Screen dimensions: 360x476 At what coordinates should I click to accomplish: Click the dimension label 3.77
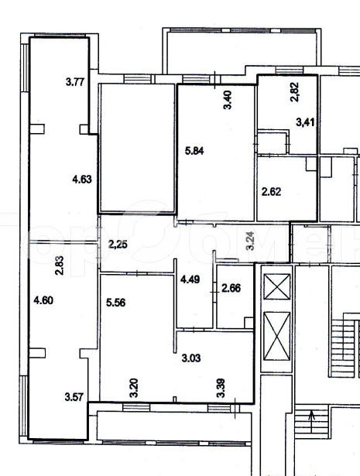click(x=74, y=82)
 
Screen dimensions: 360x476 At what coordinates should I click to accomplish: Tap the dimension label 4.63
click(x=82, y=179)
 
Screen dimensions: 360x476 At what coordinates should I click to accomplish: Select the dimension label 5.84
click(x=194, y=151)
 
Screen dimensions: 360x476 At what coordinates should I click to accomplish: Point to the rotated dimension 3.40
click(x=228, y=100)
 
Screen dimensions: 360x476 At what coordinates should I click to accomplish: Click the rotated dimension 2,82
click(x=295, y=92)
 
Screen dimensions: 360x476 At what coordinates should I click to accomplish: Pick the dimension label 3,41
click(x=305, y=122)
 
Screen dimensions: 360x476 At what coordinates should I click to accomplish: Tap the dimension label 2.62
click(x=272, y=191)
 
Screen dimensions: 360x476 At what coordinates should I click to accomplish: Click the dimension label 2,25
click(x=118, y=244)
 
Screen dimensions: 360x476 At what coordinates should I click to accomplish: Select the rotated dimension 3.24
click(x=251, y=241)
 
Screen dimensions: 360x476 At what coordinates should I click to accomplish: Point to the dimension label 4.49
click(x=190, y=279)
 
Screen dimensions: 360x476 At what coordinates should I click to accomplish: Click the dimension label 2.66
click(x=231, y=288)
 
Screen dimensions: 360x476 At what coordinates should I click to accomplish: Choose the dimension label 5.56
click(x=115, y=303)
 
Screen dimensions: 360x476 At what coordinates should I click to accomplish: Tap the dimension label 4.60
click(x=43, y=300)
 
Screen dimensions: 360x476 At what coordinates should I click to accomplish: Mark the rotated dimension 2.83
click(x=60, y=265)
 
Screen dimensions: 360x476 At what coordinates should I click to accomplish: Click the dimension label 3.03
click(x=191, y=358)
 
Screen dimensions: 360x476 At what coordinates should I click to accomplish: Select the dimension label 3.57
click(x=74, y=397)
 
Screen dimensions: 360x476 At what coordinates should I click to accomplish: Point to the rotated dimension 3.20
click(x=134, y=388)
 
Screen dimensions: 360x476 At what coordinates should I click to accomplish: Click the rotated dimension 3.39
click(x=221, y=388)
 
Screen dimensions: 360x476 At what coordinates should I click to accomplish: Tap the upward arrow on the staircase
click(x=312, y=422)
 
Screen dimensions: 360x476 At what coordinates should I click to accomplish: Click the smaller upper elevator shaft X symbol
click(x=277, y=286)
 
